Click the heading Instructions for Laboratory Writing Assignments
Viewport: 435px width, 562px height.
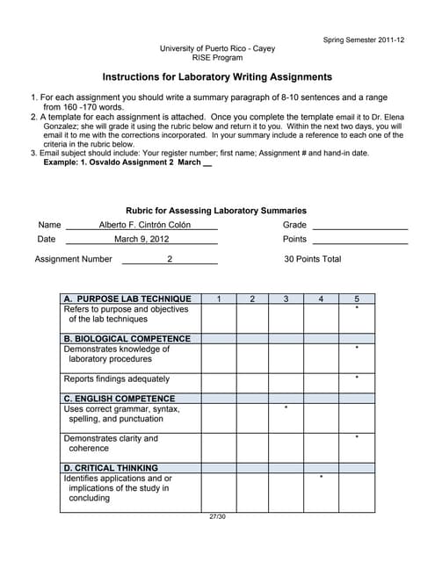point(217,77)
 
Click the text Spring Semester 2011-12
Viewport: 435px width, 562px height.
point(364,40)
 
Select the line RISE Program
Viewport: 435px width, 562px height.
point(217,57)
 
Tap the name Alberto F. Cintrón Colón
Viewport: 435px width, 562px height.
point(145,225)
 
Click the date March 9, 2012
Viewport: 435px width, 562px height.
point(141,239)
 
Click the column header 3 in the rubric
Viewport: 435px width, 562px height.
point(286,299)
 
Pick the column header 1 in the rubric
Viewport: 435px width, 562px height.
point(218,299)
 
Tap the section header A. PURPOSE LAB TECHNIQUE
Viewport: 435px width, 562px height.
point(127,299)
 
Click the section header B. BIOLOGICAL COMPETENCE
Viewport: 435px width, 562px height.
point(127,338)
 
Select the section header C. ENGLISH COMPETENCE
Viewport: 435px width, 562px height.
point(120,399)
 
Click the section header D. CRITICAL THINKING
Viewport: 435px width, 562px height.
point(112,468)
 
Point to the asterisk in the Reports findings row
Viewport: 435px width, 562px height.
point(357,378)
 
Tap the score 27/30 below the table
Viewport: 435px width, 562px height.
point(217,515)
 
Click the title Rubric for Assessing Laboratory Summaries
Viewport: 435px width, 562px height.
point(216,211)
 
